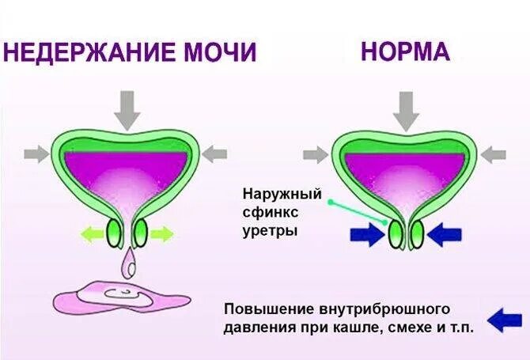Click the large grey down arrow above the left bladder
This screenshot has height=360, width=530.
pyautogui.click(x=127, y=110)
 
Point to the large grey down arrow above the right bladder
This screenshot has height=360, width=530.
pyautogui.click(x=406, y=110)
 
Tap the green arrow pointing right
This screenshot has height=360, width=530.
pyautogui.click(x=161, y=233)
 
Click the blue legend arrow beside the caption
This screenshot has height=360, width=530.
pyautogui.click(x=504, y=319)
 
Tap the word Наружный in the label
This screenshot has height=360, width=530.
pyautogui.click(x=271, y=194)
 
